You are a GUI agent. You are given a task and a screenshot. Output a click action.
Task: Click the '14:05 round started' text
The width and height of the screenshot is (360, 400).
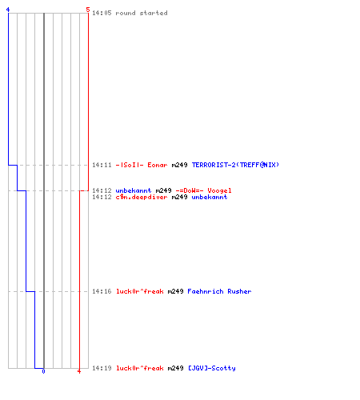coord(130,13)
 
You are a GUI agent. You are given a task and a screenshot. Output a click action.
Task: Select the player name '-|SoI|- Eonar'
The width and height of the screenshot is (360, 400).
coord(142,165)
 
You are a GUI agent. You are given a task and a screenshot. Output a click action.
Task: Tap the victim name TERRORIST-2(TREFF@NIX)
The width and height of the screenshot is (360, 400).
coord(235,165)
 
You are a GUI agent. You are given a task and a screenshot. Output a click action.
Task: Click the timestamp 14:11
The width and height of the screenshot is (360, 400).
coord(102,165)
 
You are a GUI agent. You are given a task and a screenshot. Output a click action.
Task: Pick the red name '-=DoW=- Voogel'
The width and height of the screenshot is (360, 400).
coord(204,190)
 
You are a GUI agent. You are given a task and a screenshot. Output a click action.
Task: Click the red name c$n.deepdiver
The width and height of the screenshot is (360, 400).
coord(142,197)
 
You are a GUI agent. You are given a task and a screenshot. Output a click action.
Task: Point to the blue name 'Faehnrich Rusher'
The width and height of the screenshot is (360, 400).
coord(219,291)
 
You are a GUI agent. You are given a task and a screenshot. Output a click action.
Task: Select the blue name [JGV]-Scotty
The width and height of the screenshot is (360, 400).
coord(212,368)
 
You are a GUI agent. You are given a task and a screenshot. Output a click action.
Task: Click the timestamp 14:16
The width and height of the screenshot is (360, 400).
coord(102,291)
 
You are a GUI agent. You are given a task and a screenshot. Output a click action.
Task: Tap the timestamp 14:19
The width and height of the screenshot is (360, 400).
coord(102,368)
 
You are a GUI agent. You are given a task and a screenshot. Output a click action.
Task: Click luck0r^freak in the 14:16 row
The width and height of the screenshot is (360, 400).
coord(140,291)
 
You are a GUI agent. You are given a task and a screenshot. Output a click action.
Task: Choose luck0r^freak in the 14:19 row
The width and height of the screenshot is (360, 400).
coord(140,368)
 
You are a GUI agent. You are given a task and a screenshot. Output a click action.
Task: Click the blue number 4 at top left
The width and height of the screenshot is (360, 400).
coord(8,10)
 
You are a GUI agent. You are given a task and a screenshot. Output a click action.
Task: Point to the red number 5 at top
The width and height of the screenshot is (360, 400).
coord(88,10)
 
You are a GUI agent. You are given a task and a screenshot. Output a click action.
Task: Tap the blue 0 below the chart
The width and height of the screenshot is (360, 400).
coord(43,371)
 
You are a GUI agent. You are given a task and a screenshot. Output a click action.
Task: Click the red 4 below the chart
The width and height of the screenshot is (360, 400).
coord(79,371)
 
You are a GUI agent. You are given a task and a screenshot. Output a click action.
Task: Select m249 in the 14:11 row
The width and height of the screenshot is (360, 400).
coord(179,165)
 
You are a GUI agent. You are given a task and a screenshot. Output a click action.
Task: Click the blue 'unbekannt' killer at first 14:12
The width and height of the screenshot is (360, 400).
coord(134,190)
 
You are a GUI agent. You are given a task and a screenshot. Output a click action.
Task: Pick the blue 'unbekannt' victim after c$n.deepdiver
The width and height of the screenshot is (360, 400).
coord(210,197)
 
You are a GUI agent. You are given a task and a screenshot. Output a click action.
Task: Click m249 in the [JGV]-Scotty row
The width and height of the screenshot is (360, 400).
coord(175,368)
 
